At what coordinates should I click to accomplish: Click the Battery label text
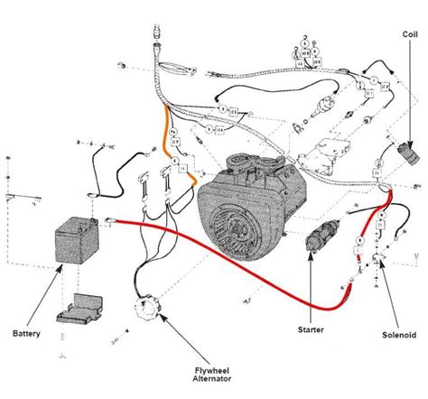pyautogui.click(x=27, y=333)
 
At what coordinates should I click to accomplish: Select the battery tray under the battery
pyautogui.click(x=81, y=306)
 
